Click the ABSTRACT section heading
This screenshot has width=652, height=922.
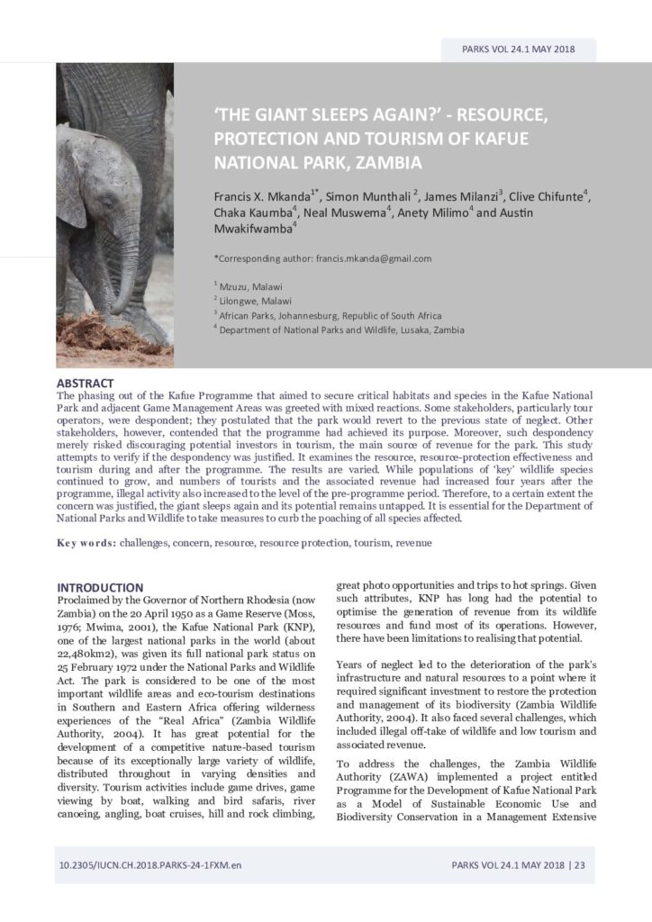85,384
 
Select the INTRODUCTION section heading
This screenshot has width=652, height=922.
99,587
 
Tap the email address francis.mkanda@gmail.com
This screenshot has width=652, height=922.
374,258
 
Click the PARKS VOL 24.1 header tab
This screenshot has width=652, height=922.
518,50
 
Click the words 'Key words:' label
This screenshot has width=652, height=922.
86,544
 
